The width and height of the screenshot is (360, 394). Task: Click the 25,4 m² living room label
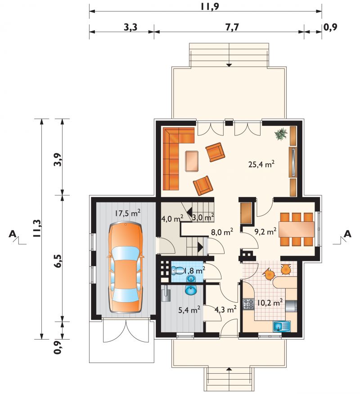261,164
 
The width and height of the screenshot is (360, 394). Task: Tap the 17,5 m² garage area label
127,213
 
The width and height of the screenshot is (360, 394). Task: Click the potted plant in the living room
281,134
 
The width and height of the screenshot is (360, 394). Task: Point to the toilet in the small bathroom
177,271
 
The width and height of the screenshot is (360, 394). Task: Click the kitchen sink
282,326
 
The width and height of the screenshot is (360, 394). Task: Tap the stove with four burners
248,304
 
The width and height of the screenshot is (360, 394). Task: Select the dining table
297,229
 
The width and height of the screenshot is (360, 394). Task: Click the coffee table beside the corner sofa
192,161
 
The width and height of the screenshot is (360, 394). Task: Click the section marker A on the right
347,234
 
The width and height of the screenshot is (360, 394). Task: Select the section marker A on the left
13,234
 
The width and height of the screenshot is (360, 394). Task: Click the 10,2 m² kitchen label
270,303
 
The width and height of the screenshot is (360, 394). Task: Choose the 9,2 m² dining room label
265,232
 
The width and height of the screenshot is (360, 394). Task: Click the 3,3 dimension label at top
131,27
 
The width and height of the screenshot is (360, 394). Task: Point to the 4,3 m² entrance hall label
225,309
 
